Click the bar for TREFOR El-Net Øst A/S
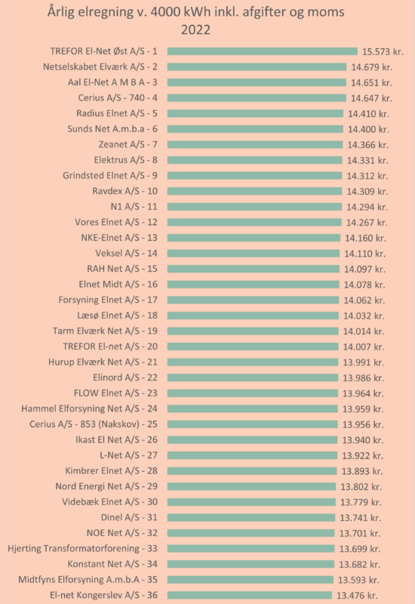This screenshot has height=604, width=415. [263, 51]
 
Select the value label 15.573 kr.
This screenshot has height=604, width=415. [383, 51]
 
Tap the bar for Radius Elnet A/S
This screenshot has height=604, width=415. [255, 114]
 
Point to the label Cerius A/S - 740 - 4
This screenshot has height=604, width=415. [118, 98]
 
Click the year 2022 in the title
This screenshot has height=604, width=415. [195, 29]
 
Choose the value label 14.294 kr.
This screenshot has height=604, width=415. [367, 207]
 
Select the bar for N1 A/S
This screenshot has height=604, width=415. [254, 207]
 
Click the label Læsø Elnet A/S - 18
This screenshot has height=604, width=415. [118, 316]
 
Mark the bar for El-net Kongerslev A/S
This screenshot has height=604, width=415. [250, 595]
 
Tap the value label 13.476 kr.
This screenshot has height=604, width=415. [357, 595]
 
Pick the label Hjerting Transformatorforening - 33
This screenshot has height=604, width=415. [83, 549]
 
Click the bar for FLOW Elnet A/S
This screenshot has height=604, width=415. [253, 393]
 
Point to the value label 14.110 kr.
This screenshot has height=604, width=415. [365, 254]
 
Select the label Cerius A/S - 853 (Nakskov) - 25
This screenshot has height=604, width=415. [94, 424]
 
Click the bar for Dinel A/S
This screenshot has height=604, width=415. [251, 517]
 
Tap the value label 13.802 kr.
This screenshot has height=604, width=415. [361, 486]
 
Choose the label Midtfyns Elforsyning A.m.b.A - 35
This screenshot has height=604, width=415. [88, 580]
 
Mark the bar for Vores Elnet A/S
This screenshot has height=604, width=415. [254, 222]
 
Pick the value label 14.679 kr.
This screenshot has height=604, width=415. [372, 67]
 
